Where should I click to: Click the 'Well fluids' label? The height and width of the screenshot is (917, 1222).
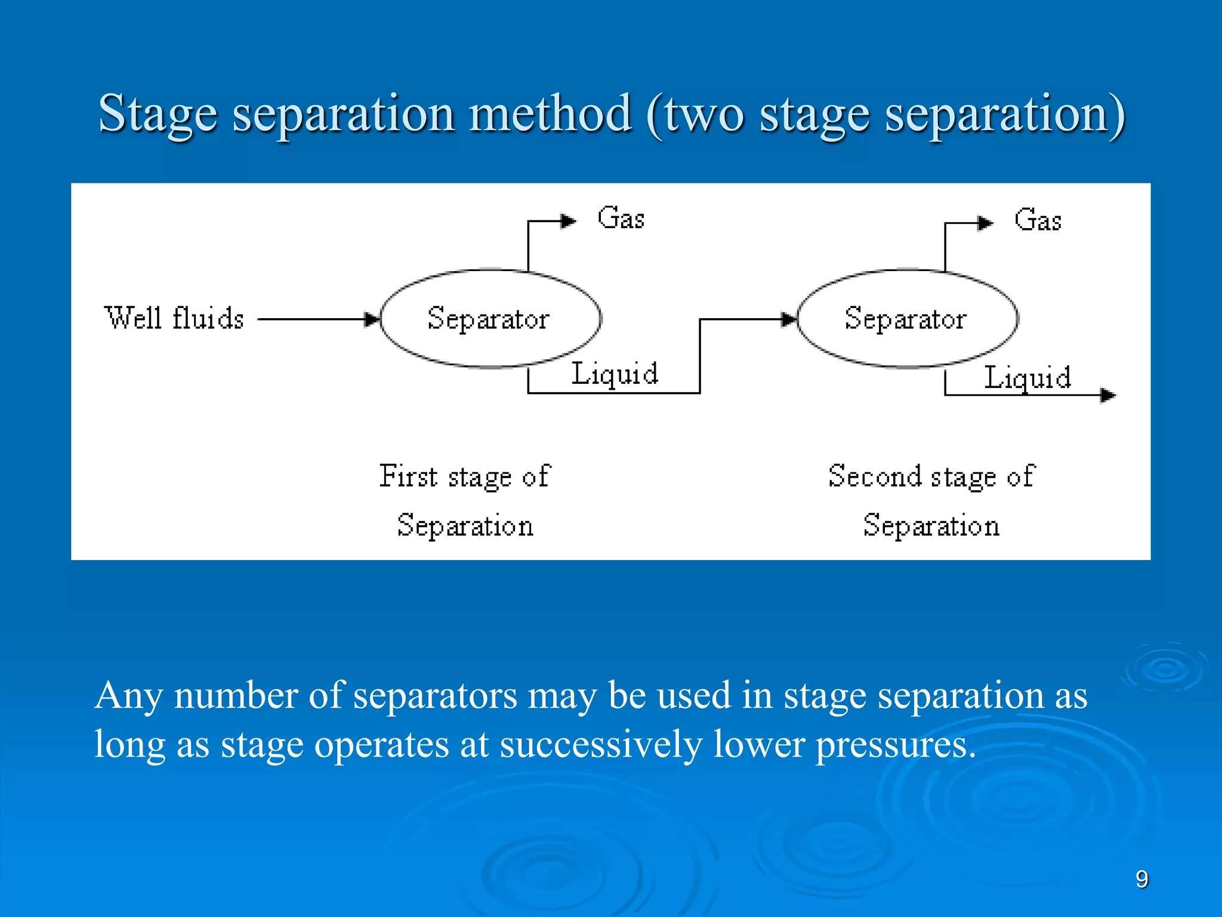click(x=174, y=318)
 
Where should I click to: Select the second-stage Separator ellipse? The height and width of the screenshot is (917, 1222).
click(x=906, y=318)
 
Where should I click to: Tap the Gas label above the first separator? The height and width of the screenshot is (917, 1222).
click(x=621, y=219)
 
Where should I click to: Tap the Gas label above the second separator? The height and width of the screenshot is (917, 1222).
click(x=1038, y=220)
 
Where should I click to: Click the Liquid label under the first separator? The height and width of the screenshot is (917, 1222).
click(x=615, y=374)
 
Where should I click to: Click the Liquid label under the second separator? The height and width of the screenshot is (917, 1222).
click(x=1027, y=378)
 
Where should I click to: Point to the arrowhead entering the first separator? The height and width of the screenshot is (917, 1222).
click(x=373, y=319)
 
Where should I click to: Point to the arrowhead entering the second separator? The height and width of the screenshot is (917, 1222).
click(x=790, y=319)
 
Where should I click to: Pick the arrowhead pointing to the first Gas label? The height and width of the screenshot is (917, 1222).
click(x=568, y=221)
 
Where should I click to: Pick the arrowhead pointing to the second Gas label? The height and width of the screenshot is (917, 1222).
click(x=985, y=223)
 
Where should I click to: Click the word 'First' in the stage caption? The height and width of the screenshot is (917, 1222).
click(x=409, y=476)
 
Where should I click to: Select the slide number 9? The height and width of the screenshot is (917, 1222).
click(x=1141, y=879)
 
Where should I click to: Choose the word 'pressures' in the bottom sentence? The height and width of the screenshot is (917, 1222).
click(x=895, y=745)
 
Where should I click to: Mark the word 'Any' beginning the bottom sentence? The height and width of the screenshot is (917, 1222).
click(x=128, y=697)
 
